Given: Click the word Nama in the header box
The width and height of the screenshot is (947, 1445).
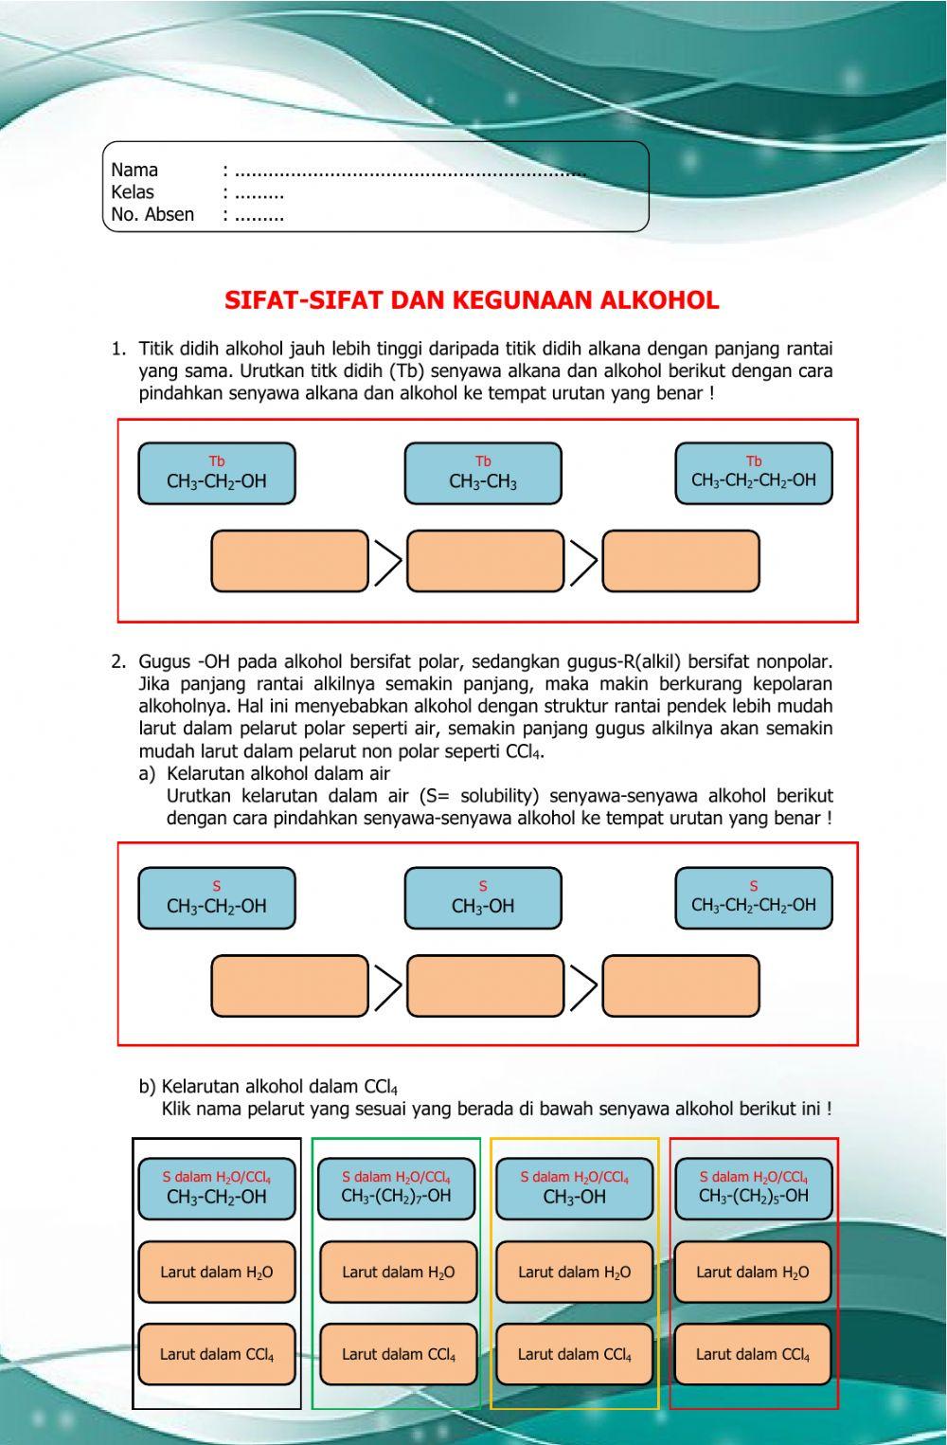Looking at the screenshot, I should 134,171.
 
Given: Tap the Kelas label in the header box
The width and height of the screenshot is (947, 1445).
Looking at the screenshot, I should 133,192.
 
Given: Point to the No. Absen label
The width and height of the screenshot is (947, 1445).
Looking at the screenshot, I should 152,215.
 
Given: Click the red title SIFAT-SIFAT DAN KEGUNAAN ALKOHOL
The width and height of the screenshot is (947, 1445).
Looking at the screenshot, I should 472,300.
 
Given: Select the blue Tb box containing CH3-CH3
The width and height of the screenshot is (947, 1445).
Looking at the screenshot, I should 483,474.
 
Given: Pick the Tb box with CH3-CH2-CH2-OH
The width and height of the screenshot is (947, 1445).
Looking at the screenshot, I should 754,474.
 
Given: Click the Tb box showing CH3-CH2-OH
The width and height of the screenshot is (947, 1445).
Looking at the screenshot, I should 217,474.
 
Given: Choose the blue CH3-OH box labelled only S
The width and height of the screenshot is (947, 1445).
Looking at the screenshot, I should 483,898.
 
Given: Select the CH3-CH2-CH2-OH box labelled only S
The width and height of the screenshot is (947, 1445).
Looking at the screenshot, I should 754,898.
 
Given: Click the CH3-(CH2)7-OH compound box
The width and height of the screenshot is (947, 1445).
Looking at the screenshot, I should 397,1188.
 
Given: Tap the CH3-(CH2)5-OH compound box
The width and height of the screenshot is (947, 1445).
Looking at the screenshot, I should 754,1188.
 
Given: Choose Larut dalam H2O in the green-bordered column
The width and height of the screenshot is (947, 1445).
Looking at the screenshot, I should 398,1273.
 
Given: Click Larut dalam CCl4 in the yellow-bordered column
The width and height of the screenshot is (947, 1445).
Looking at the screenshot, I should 575,1354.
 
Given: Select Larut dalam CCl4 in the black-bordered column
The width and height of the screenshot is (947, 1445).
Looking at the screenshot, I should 217,1354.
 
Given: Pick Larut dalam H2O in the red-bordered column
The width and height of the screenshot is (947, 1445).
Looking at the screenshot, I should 753,1273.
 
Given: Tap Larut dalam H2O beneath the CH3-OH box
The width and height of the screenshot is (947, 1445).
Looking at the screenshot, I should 575,1273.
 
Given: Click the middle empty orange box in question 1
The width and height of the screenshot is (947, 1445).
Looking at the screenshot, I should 485,562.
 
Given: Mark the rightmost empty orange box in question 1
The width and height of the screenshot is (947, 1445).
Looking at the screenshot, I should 681,562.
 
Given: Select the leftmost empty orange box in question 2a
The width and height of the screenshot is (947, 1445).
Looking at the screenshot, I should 290,986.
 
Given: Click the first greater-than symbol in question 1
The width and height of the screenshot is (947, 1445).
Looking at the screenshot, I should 387,563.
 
